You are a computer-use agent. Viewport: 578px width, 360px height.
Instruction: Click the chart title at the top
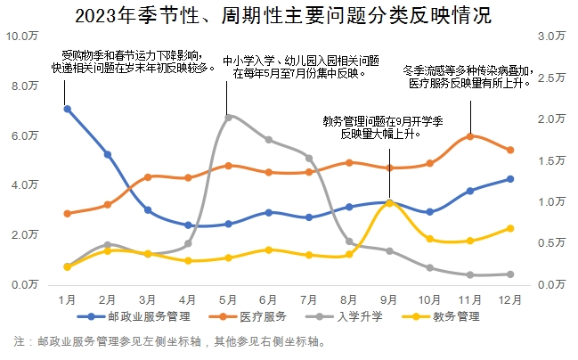pyautogui.click(x=289, y=16)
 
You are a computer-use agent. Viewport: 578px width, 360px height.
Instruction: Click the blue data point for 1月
pyautogui.click(x=67, y=109)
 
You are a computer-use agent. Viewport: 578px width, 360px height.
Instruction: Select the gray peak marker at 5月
pyautogui.click(x=229, y=117)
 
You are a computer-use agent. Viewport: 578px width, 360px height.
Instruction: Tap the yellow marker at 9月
pyautogui.click(x=389, y=203)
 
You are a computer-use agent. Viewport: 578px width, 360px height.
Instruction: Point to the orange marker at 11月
pyautogui.click(x=470, y=136)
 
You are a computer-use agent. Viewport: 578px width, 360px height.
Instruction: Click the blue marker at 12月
pyautogui.click(x=510, y=179)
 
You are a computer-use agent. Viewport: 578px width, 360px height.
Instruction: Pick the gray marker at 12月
pyautogui.click(x=510, y=274)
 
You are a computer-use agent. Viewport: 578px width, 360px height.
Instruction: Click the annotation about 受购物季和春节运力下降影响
pyautogui.click(x=140, y=61)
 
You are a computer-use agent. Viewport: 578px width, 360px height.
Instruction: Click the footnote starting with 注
pyautogui.click(x=178, y=341)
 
